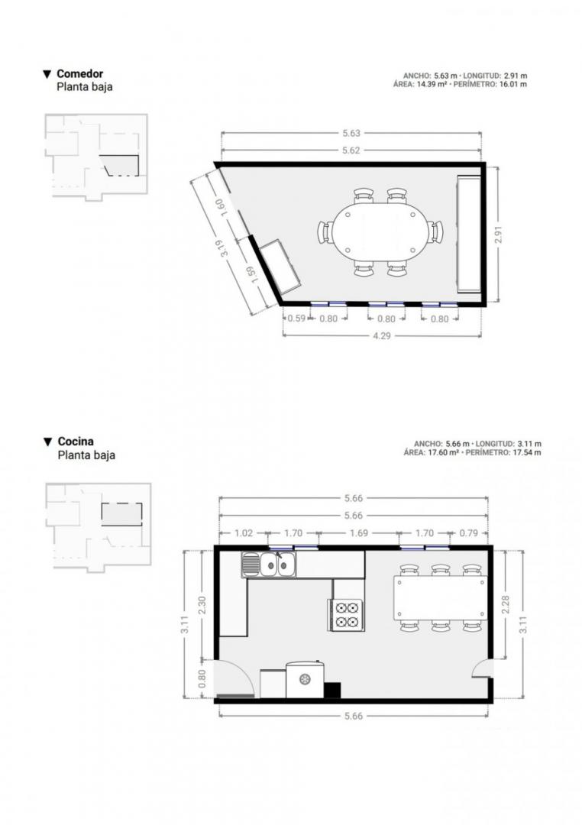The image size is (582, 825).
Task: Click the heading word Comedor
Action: pyautogui.click(x=80, y=73)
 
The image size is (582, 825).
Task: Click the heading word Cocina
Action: pyautogui.click(x=76, y=442)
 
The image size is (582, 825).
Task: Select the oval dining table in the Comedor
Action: pyautogui.click(x=380, y=231)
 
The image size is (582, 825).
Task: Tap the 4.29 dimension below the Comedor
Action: pyautogui.click(x=382, y=335)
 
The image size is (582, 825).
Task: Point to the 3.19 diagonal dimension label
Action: pyautogui.click(x=225, y=247)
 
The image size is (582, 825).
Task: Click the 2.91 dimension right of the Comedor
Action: pyautogui.click(x=499, y=235)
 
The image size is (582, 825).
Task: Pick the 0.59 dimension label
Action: pyautogui.click(x=297, y=319)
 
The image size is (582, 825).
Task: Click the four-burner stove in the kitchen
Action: pyautogui.click(x=347, y=615)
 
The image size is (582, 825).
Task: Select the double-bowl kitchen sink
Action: pyautogui.click(x=276, y=565)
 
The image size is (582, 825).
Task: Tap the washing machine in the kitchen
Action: pyautogui.click(x=306, y=679)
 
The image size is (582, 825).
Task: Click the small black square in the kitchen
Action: pyautogui.click(x=332, y=691)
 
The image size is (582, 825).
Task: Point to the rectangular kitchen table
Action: pyautogui.click(x=440, y=597)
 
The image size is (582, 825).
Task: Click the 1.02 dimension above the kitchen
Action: pyautogui.click(x=243, y=533)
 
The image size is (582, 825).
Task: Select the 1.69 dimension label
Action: pyautogui.click(x=359, y=533)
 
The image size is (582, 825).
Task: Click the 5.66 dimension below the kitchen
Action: pyautogui.click(x=353, y=716)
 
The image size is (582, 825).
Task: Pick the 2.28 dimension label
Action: pyautogui.click(x=505, y=604)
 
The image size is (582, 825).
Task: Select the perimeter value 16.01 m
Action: pyautogui.click(x=513, y=84)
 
